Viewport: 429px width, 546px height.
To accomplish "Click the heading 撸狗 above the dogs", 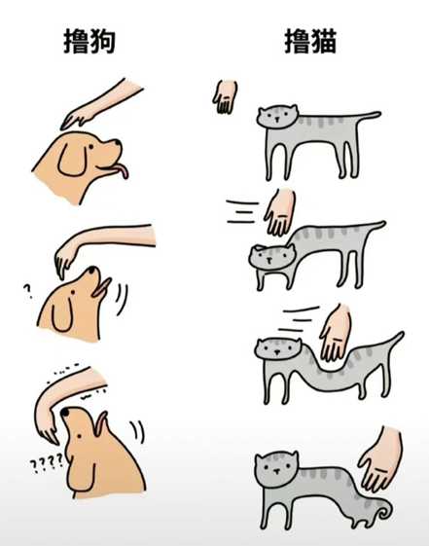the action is (x=89, y=41).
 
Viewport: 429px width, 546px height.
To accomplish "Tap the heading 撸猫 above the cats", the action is (x=310, y=41).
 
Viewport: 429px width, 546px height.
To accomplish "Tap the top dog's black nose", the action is (x=118, y=142).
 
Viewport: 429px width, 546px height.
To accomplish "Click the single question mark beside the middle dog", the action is (x=27, y=291).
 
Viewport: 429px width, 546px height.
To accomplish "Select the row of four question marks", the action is (x=47, y=463).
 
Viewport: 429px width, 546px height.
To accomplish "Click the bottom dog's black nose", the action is (x=64, y=412).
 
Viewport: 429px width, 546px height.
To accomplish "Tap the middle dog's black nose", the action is (x=91, y=270).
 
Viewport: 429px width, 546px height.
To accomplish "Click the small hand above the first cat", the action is (x=225, y=96).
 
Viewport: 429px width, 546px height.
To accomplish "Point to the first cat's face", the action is (x=277, y=117).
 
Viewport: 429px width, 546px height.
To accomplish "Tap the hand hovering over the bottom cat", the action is (x=381, y=460).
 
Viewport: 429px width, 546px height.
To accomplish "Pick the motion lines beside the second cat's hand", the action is (x=242, y=211).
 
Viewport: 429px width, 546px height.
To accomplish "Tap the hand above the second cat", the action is (x=280, y=212).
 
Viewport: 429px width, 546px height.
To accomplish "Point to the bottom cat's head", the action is (x=277, y=469).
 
